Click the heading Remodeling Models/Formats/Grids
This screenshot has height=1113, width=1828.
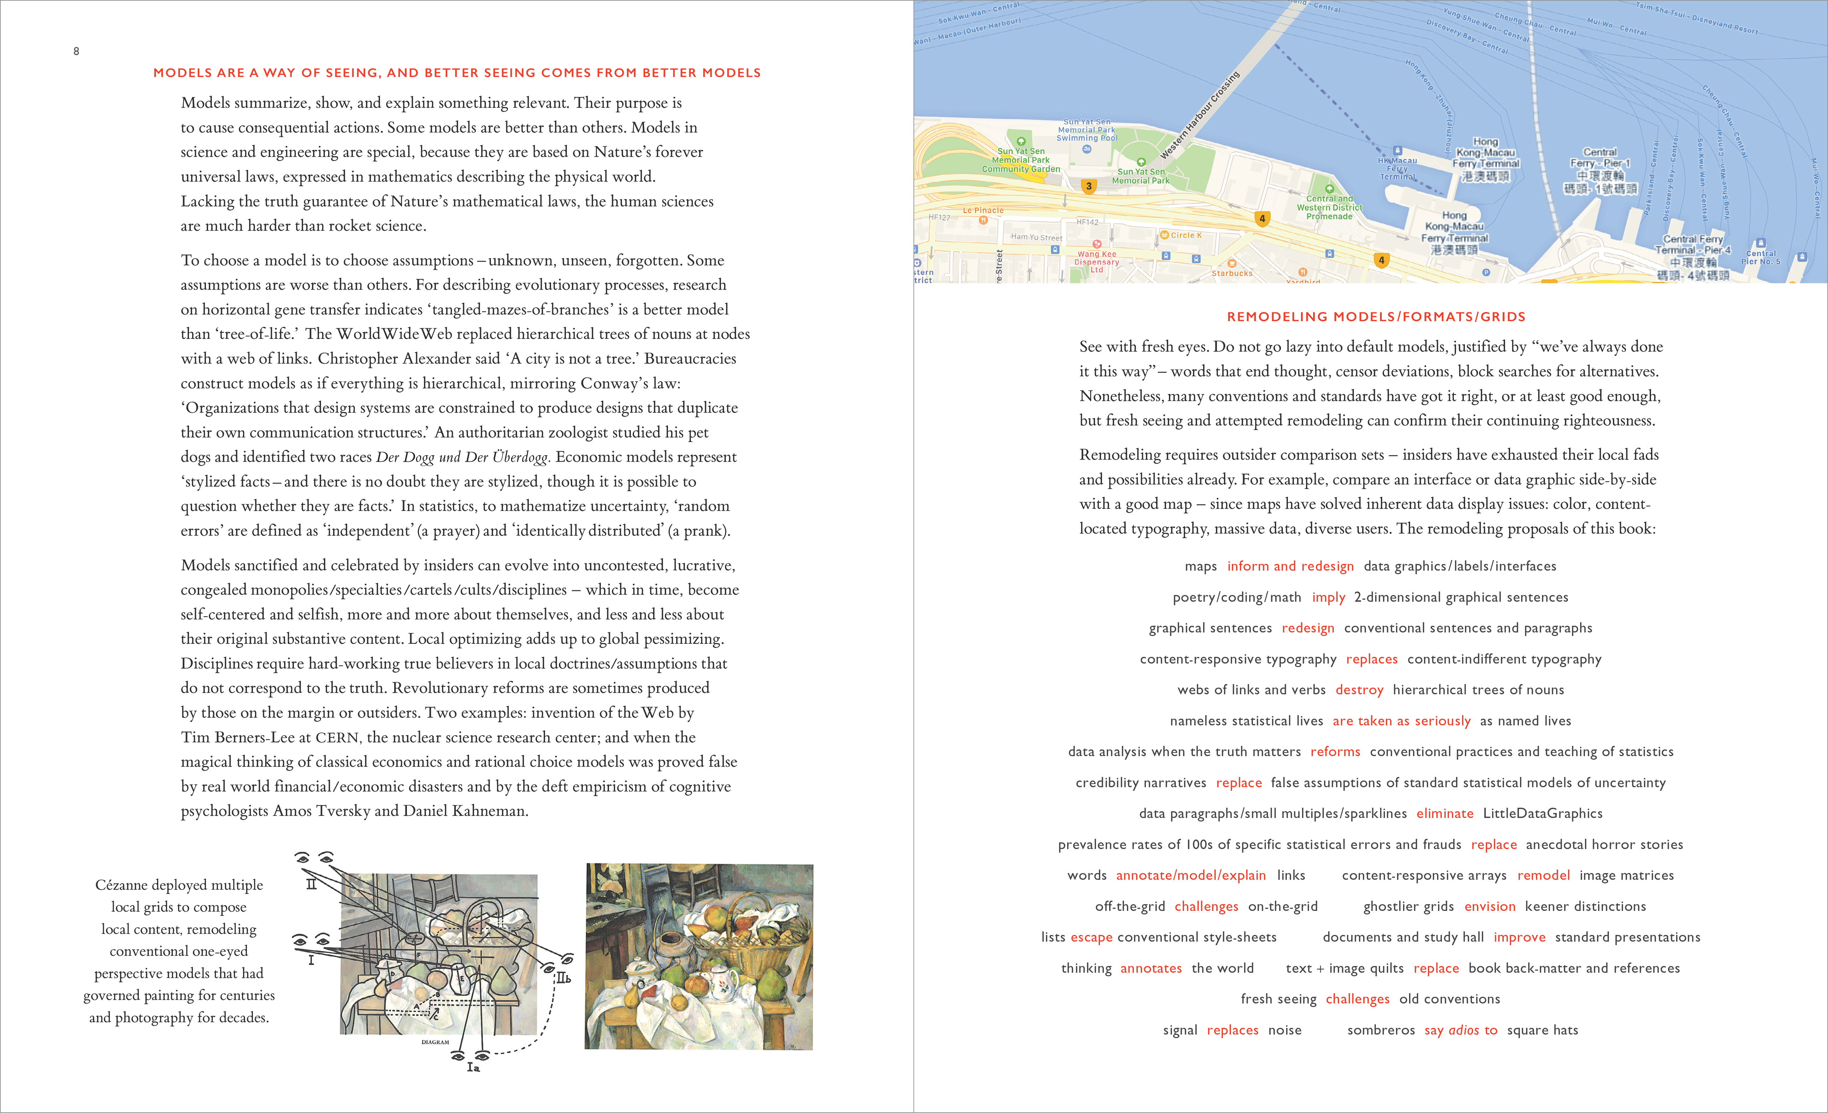point(1376,317)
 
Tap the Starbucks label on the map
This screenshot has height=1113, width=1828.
point(1231,273)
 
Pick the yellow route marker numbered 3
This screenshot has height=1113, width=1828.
point(1088,186)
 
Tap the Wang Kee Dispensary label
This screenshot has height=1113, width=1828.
point(1096,261)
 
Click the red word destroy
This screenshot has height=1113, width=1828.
point(1359,690)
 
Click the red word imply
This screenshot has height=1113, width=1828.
point(1328,597)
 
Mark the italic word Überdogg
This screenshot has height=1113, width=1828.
point(520,457)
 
